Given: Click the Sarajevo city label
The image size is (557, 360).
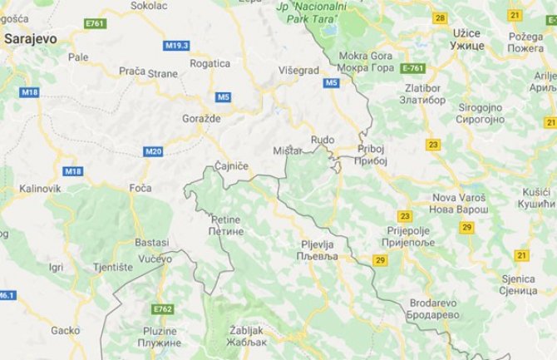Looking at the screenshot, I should pos(31,38).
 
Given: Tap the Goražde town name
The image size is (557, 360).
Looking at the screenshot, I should pos(200,119).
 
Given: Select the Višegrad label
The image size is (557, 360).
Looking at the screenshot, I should pos(296,71).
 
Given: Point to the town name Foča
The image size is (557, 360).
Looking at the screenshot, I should pos(140,188).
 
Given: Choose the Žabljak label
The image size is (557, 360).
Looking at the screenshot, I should pos(246,336).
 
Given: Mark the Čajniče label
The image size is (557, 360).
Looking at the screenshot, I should pos(231,167).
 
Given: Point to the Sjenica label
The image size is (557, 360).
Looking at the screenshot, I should pos(520,285).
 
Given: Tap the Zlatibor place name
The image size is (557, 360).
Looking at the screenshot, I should pos(424,95).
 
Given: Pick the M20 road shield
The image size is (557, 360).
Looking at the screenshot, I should pos(153,151).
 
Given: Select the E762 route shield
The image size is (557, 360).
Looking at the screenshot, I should pos(163,309).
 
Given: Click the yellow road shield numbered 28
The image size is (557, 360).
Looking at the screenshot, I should pos(440,17).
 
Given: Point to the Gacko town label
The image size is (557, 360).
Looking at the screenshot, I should pos(64,330).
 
